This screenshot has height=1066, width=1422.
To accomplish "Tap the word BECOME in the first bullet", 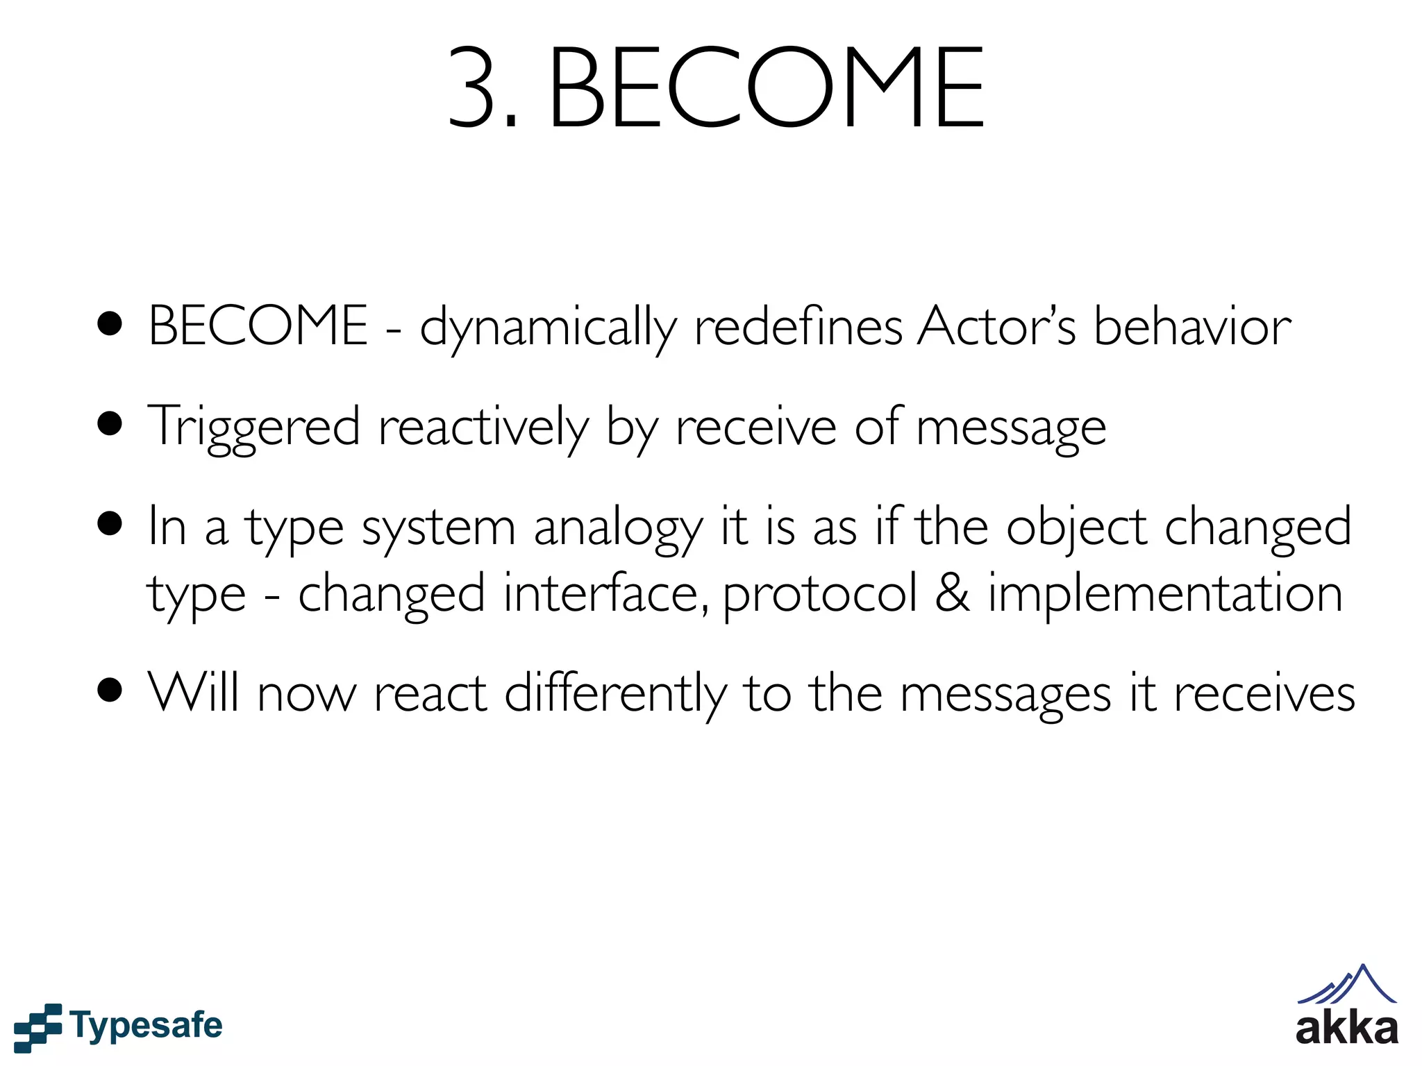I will coord(258,326).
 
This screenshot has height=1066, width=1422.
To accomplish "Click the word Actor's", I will coord(996,326).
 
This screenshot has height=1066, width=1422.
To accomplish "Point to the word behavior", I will coord(1192,326).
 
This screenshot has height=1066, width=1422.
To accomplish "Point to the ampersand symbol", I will coord(952,593).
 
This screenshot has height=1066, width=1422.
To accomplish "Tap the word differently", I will coord(615,694).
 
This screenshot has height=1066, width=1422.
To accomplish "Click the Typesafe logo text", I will coord(146,1026).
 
